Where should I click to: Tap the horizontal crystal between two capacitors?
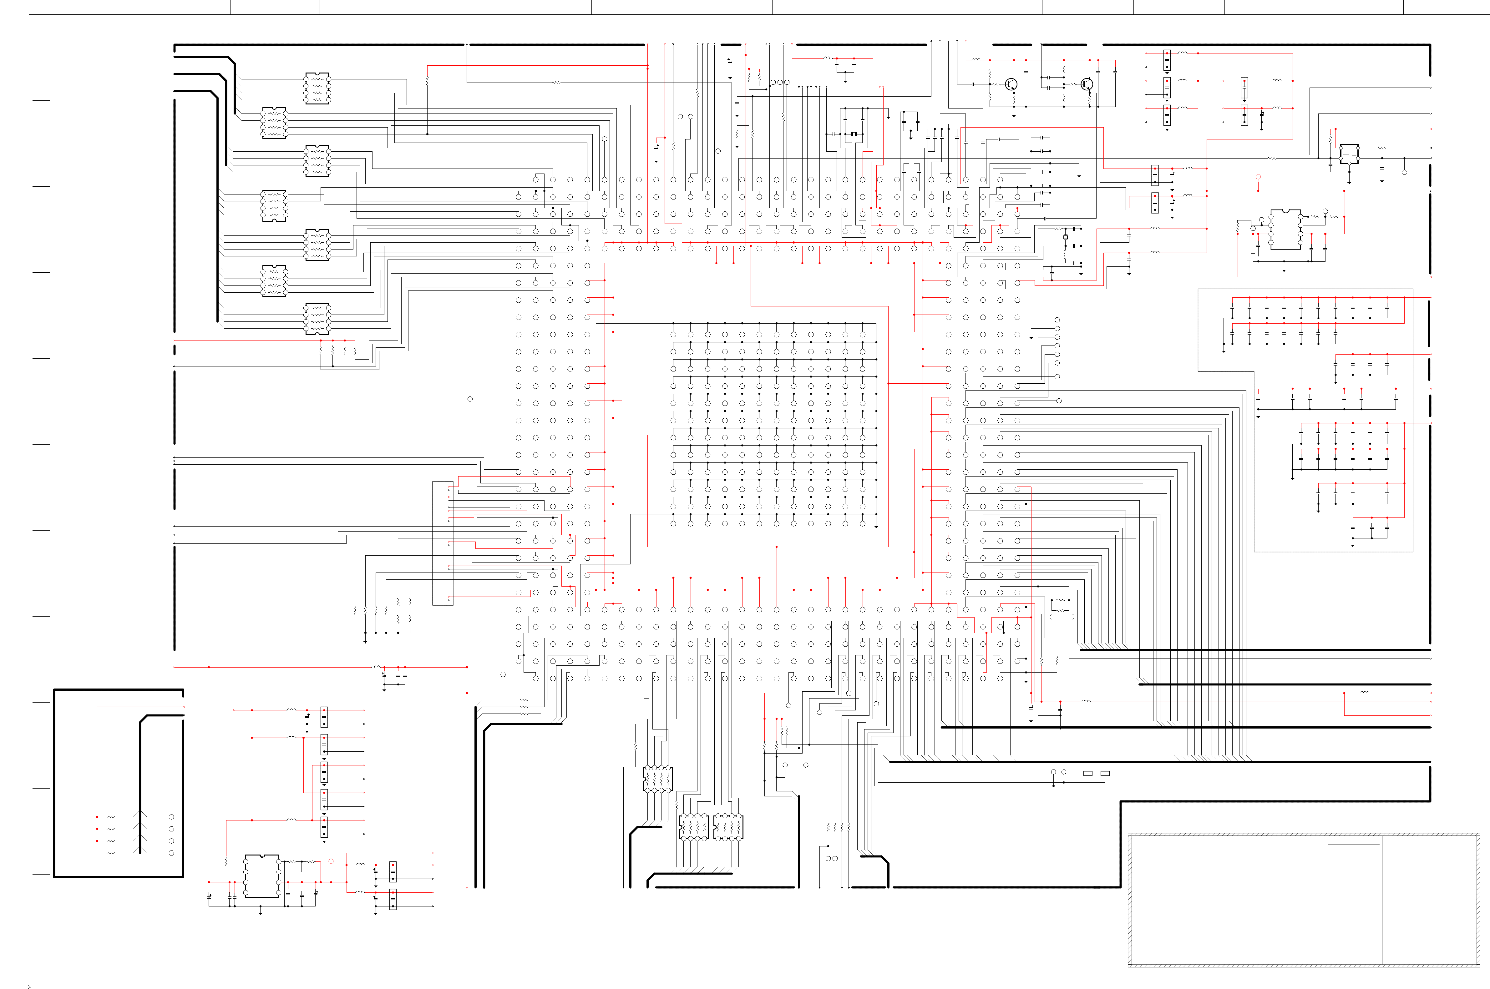click(854, 134)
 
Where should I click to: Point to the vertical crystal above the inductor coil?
click(1066, 237)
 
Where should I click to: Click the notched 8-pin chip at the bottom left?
click(262, 876)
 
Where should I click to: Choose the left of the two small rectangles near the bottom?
click(1087, 773)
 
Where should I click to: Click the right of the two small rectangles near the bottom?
click(1105, 773)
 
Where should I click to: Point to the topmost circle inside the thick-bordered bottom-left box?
click(171, 817)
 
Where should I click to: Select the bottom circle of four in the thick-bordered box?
click(171, 853)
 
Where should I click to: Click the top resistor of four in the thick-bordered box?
click(111, 817)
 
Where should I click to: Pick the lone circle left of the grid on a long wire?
click(470, 399)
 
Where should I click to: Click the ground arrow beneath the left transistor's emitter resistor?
click(1014, 115)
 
